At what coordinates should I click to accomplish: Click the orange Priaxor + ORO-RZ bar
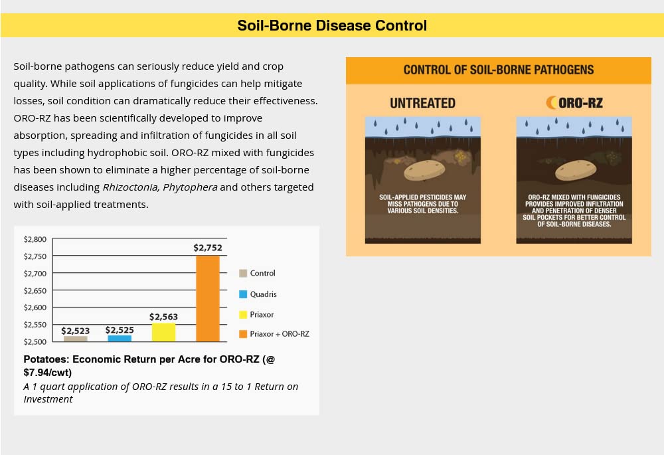208,298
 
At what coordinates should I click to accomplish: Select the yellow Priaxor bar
163,332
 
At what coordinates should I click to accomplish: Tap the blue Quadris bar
120,338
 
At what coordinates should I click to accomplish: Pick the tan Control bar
75,339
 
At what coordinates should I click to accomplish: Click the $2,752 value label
208,248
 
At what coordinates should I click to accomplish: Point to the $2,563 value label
163,317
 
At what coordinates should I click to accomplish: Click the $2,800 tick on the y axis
35,239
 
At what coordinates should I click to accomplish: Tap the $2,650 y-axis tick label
35,290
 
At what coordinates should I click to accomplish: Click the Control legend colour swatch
243,273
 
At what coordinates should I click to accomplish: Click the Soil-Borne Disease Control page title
332,26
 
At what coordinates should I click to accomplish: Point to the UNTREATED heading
422,103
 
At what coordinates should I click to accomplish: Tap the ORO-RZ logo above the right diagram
574,103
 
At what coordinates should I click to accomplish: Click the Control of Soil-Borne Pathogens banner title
498,70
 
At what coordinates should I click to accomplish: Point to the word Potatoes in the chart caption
46,359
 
